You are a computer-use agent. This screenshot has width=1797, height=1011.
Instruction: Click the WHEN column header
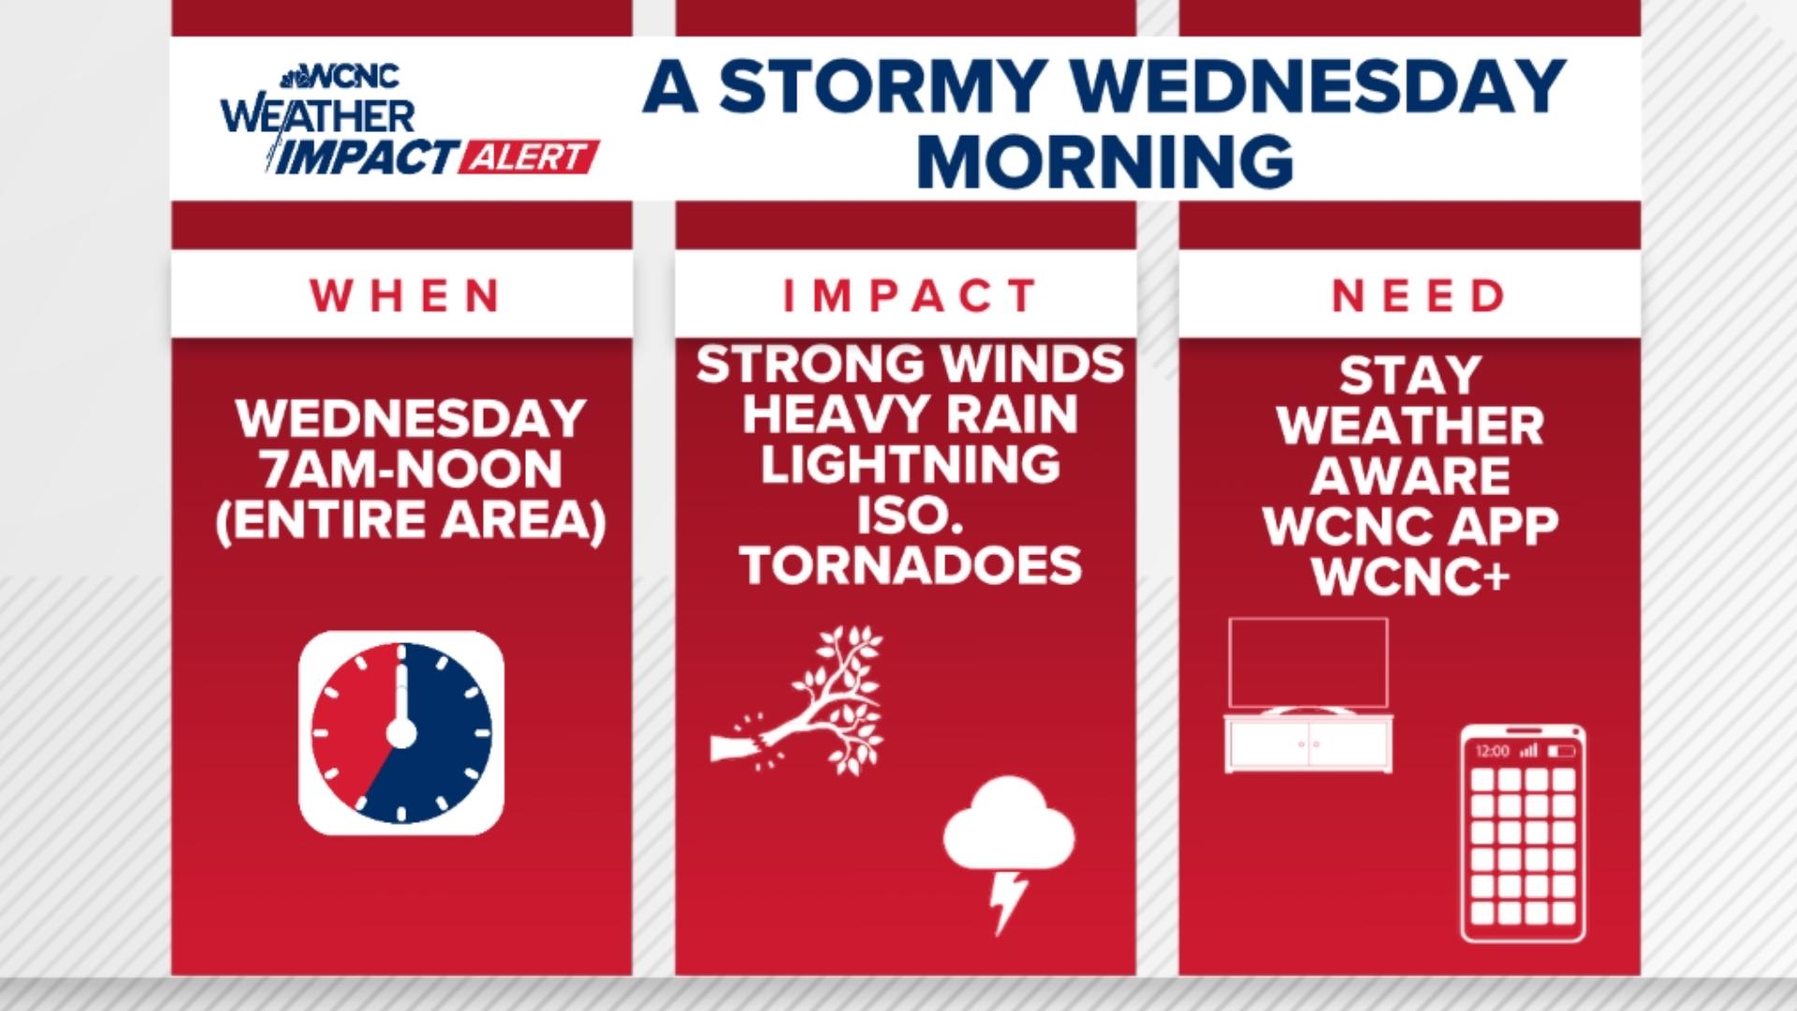404,296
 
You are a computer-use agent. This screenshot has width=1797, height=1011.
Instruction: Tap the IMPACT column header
910,296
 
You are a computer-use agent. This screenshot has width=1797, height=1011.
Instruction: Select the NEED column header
1418,296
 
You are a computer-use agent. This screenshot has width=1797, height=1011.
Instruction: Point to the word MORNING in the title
1104,161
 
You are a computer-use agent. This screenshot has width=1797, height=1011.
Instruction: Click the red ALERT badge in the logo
529,157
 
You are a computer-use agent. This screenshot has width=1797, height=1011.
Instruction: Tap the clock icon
402,733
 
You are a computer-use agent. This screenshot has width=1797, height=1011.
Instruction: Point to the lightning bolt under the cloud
1007,901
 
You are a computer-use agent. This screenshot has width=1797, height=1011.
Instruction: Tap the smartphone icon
1523,833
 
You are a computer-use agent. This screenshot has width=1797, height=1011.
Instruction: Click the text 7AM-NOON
411,469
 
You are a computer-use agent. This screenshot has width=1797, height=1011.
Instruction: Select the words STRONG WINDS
910,364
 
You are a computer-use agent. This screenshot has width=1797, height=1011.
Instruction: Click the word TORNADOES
910,564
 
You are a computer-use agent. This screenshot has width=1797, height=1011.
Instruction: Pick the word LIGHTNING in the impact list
910,465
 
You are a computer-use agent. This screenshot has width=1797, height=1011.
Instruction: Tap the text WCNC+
1410,576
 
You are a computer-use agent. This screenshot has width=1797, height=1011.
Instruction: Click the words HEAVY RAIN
910,415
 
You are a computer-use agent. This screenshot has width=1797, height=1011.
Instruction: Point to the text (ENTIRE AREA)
411,520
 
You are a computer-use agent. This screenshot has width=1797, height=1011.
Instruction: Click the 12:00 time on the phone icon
1492,751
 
